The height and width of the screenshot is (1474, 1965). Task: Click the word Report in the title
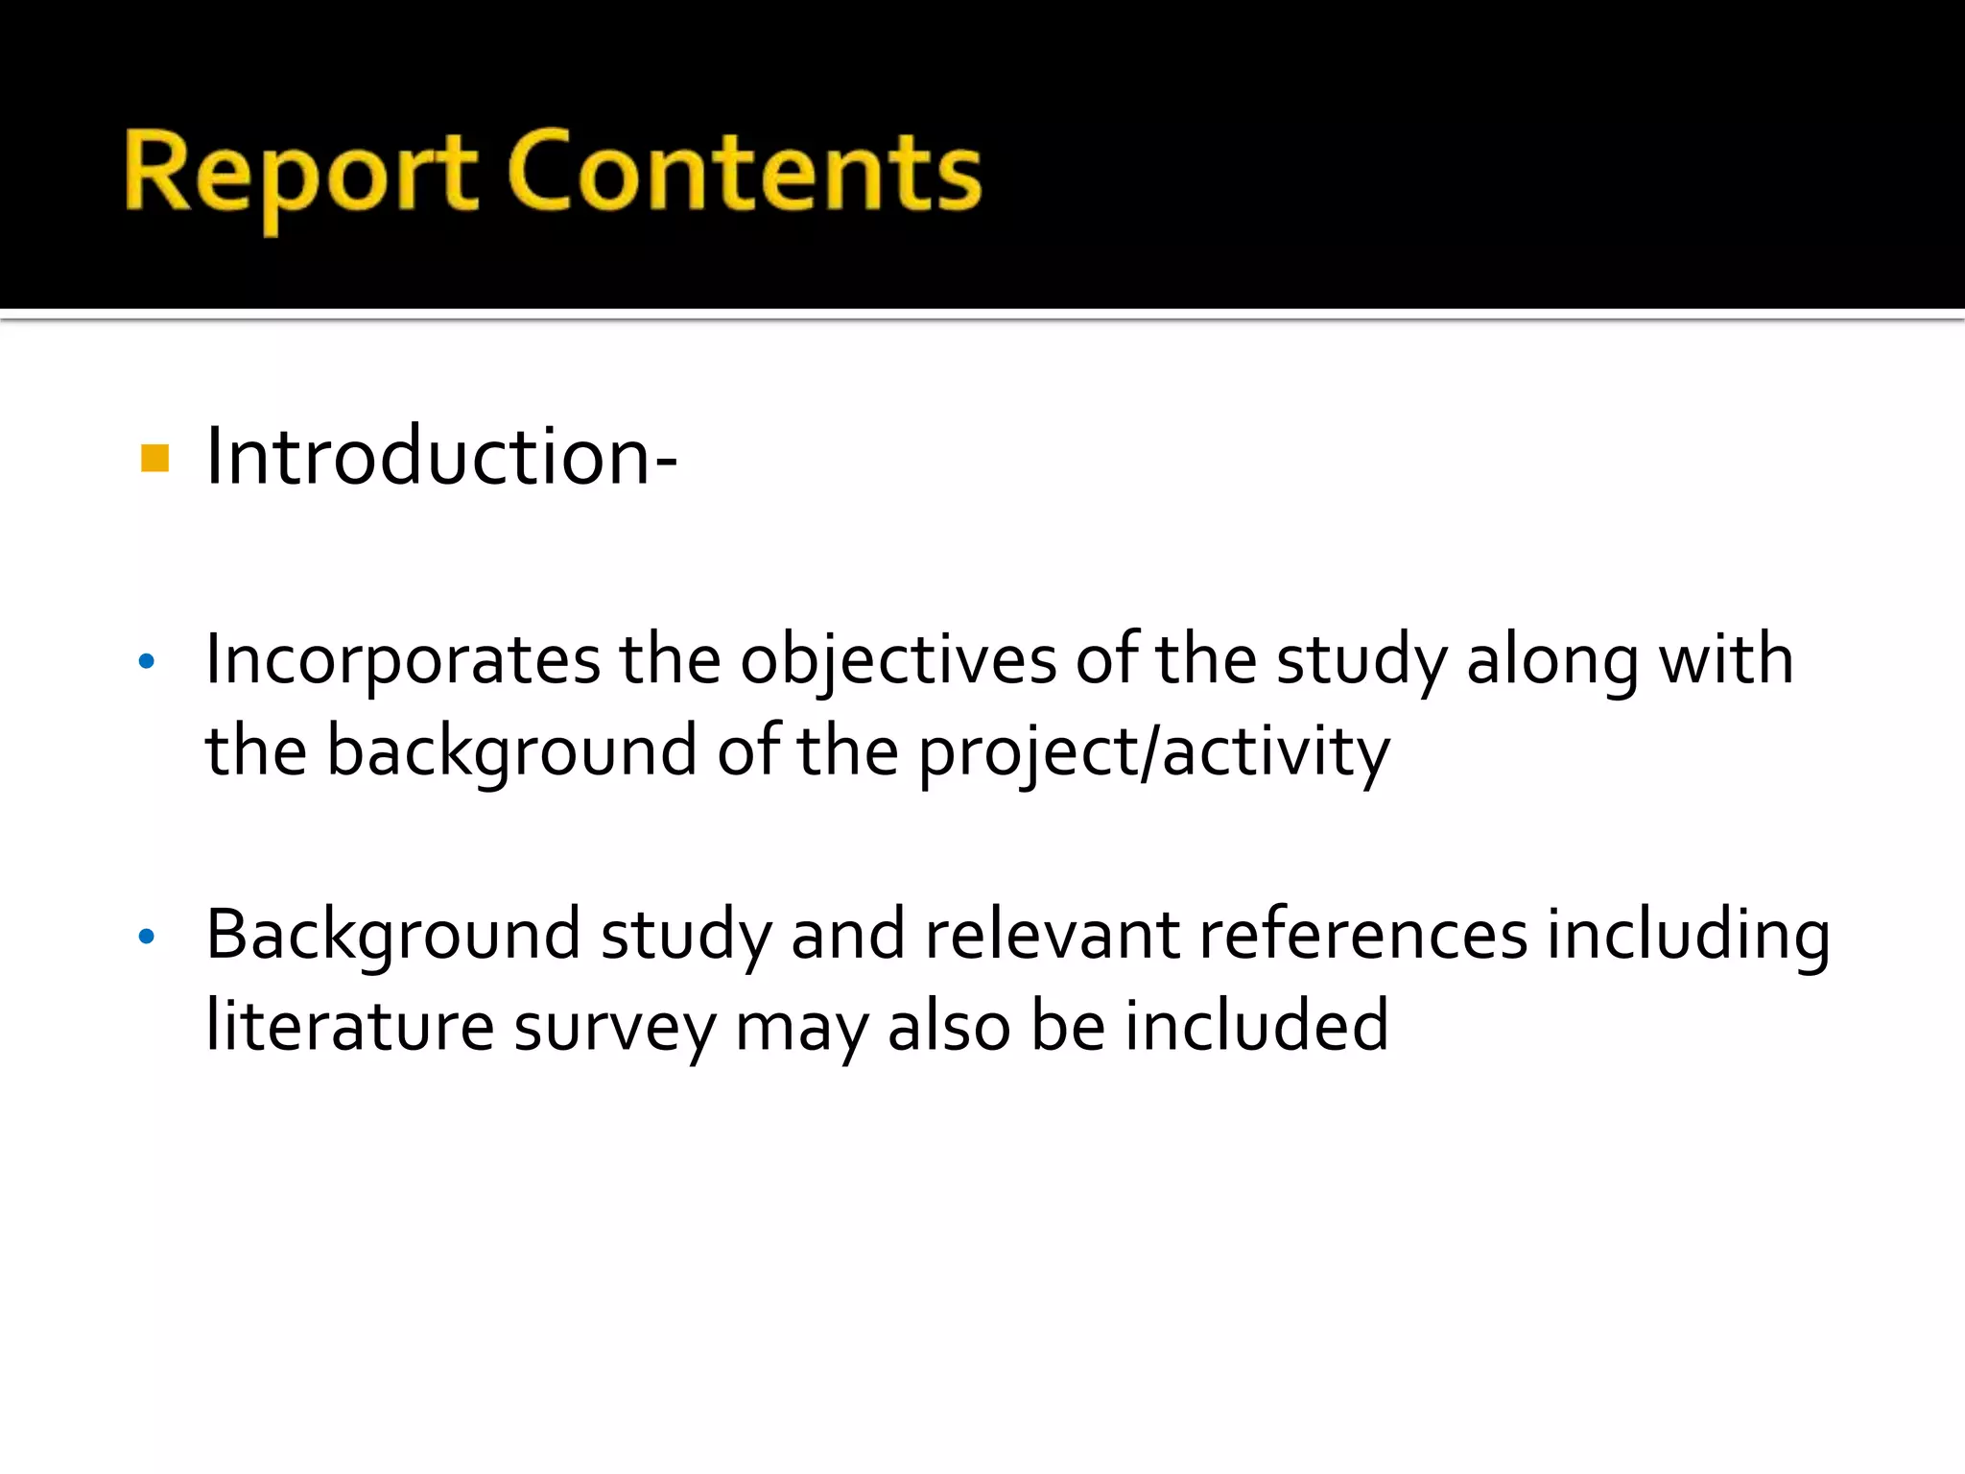point(300,175)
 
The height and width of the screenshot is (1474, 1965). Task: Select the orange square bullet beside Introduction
point(154,459)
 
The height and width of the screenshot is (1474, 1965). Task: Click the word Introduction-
point(441,457)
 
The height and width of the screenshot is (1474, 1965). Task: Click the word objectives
point(898,662)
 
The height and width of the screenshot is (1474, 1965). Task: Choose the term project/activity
point(1154,752)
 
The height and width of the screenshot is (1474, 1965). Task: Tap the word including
point(1688,937)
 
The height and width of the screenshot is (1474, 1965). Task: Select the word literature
point(350,1026)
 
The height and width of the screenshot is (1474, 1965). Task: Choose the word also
point(949,1026)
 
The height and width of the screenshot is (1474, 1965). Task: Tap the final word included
point(1257,1026)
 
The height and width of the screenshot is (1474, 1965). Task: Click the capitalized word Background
point(393,937)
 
